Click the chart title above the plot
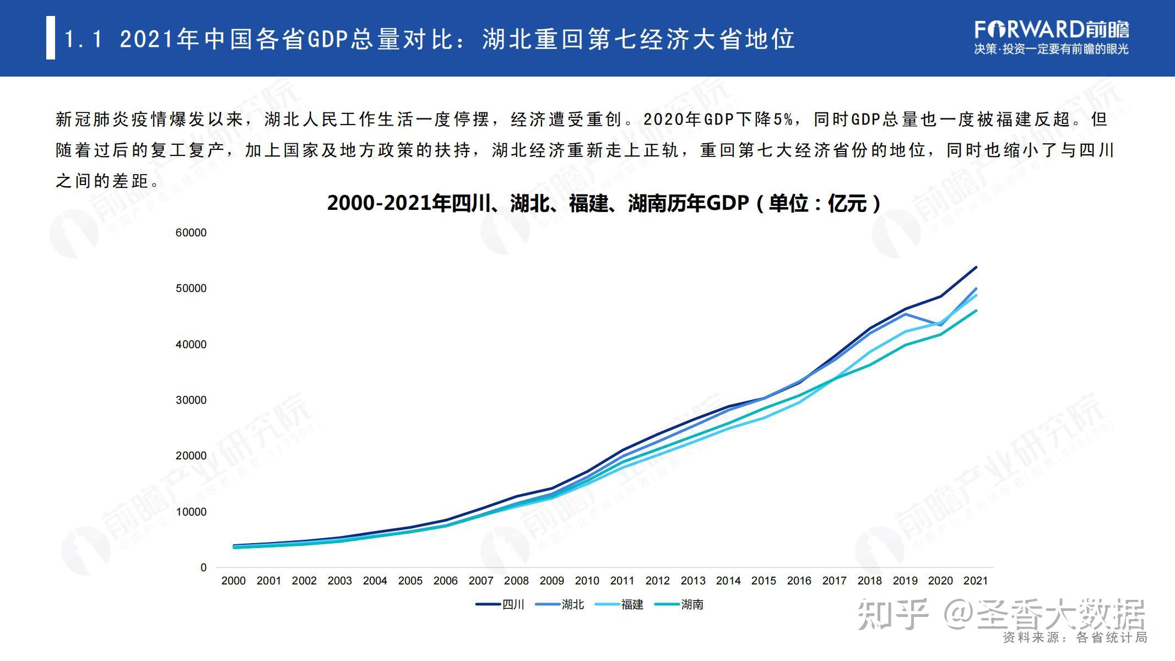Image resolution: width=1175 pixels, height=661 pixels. tap(604, 203)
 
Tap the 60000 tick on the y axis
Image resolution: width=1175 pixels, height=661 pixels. tap(191, 232)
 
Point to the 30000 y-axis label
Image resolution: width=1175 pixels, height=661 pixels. tap(191, 400)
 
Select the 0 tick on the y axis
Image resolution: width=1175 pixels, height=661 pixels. tap(203, 567)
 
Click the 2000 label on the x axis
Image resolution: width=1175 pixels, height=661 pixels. tap(233, 581)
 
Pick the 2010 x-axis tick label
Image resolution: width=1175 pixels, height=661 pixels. tap(587, 581)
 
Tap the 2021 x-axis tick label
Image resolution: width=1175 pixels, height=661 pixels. tap(975, 581)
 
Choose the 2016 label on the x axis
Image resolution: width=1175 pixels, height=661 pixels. tap(799, 581)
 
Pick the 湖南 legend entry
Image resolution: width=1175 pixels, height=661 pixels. tap(679, 604)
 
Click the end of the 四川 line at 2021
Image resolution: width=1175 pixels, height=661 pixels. tap(976, 267)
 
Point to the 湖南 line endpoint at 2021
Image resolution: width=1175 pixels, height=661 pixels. tap(976, 311)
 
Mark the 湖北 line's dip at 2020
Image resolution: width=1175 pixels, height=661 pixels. tap(940, 325)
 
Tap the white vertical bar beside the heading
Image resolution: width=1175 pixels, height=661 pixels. tap(51, 37)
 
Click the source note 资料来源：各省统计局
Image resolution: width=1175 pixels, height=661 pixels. tap(1075, 637)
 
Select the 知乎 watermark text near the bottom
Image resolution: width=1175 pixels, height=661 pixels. tap(893, 614)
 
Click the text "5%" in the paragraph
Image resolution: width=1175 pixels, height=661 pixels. tap(783, 119)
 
